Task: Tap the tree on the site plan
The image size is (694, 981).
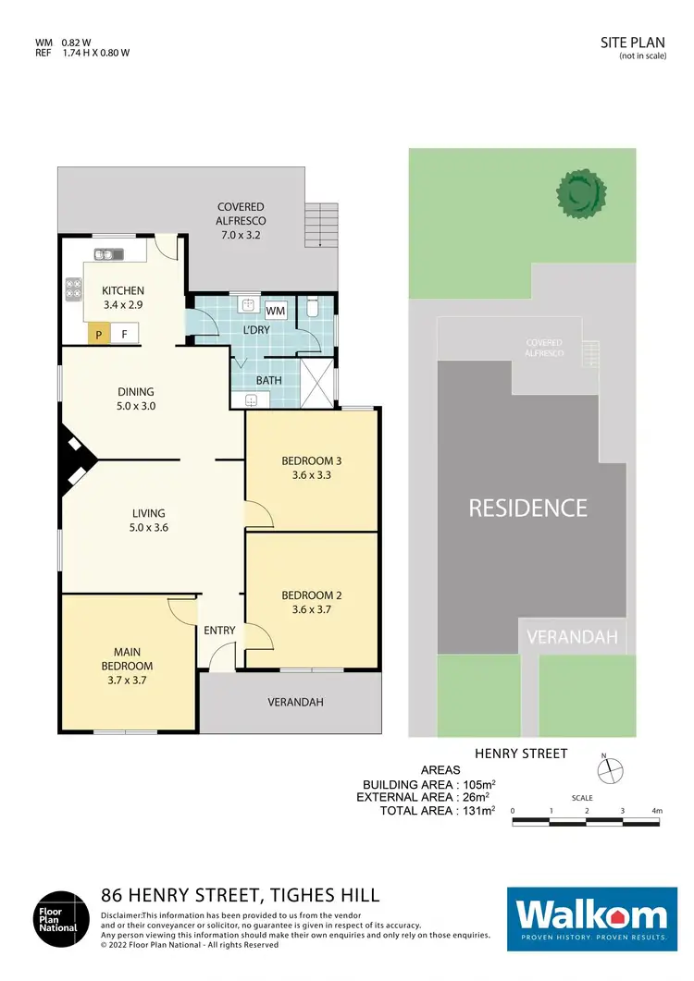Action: click(580, 192)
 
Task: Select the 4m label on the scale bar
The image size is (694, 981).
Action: click(657, 810)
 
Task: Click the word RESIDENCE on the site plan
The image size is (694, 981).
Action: click(527, 508)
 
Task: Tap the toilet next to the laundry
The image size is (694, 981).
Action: click(312, 306)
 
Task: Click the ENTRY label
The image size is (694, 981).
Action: click(220, 631)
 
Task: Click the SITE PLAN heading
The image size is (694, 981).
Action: click(627, 43)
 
